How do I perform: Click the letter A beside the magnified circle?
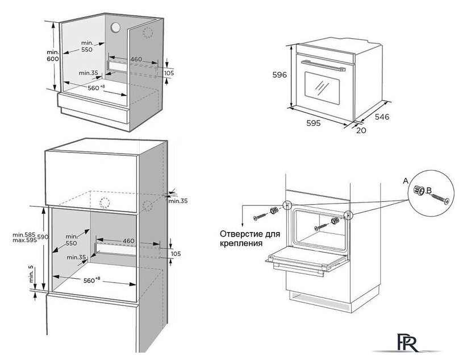(x=405, y=180)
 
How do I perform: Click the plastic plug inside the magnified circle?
(x=421, y=190)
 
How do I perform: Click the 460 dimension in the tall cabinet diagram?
(x=128, y=241)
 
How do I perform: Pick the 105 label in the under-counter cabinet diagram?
(x=169, y=73)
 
